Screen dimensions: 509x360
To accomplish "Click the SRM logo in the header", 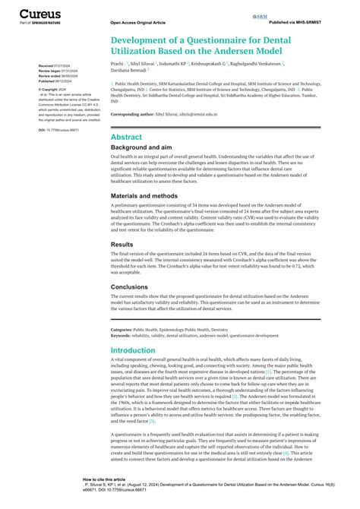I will pyautogui.click(x=261, y=16).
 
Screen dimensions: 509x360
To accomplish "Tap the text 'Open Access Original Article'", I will pyautogui.click(x=137, y=24).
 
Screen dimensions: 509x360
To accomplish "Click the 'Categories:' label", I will pyautogui.click(x=123, y=330).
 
